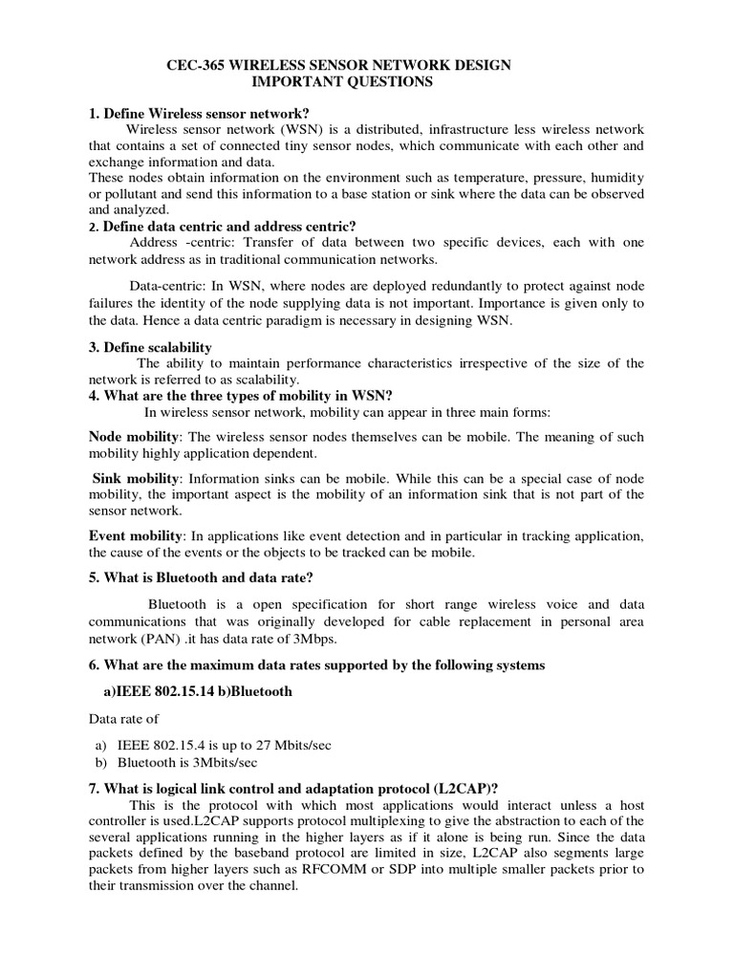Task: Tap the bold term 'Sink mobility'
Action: [136, 478]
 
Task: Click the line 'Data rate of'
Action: [123, 719]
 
